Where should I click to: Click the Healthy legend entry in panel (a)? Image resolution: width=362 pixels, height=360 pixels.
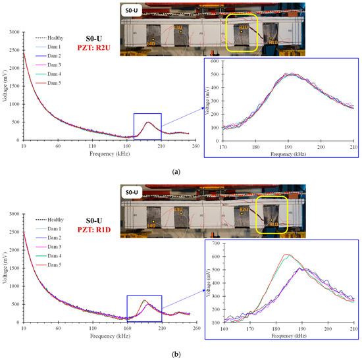click(x=50, y=38)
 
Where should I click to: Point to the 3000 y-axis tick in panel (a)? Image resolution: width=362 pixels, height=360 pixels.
click(x=14, y=32)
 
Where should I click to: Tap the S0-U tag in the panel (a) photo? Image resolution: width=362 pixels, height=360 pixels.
click(x=130, y=11)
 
